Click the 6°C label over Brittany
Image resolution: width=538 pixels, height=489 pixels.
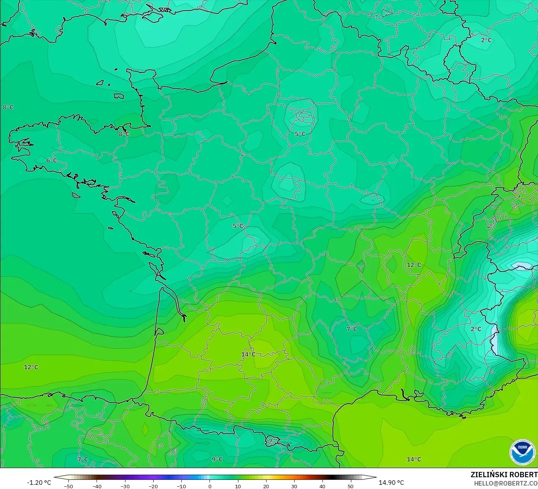point(52,161)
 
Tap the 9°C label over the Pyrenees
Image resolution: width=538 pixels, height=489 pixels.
point(217,459)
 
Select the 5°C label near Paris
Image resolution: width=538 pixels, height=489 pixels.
point(300,134)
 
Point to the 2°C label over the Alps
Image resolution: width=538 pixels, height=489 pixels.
point(476,329)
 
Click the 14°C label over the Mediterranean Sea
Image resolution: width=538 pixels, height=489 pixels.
point(414,459)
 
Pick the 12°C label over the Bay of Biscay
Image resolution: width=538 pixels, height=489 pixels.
point(31,367)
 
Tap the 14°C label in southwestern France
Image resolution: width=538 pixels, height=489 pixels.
point(248,354)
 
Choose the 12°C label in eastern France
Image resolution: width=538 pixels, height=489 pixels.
point(414,265)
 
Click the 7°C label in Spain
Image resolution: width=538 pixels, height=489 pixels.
point(83,459)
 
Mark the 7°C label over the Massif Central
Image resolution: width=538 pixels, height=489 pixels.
point(352,329)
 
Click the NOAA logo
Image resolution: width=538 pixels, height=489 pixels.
point(522,453)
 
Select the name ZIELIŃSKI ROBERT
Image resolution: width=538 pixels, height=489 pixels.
point(504,475)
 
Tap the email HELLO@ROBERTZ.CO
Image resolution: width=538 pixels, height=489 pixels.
point(506,483)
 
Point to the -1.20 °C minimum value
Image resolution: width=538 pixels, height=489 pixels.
point(39,483)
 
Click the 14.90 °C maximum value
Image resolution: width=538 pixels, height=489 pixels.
point(391,483)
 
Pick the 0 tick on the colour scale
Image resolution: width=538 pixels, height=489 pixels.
point(209,486)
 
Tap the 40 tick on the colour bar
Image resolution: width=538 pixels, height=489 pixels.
point(322,486)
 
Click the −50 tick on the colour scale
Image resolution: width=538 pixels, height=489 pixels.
point(68,486)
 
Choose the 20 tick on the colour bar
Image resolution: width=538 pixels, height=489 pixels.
point(266,486)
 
